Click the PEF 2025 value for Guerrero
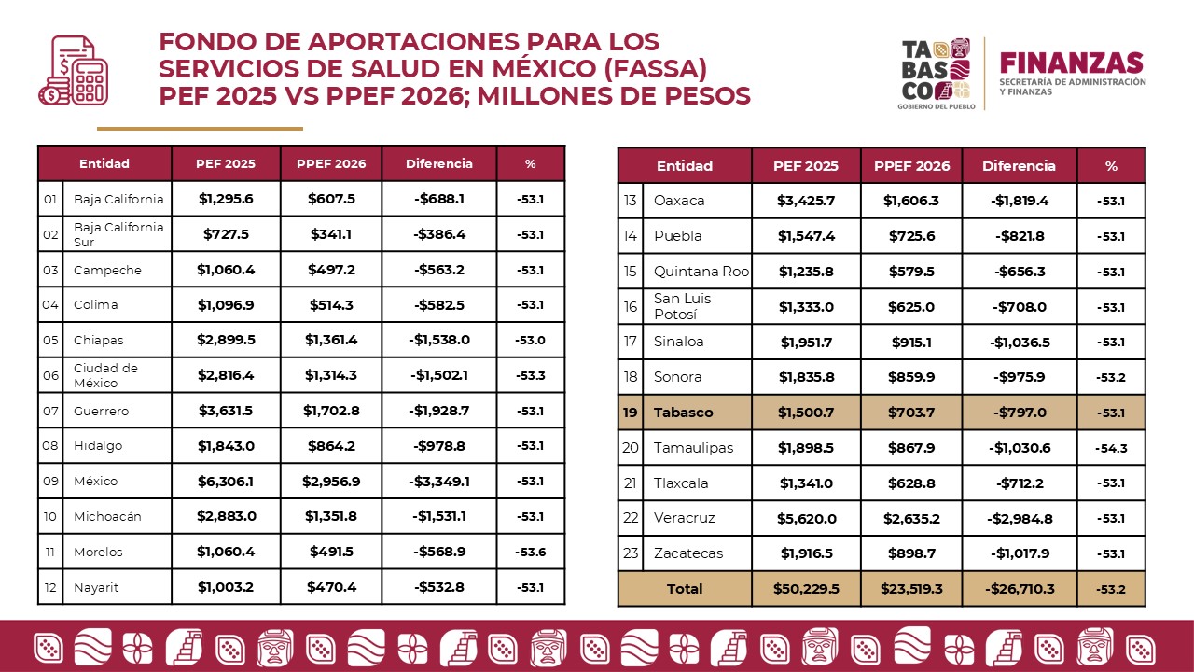point(225,411)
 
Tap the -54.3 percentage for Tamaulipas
point(1111,448)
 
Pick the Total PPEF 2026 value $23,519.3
point(911,589)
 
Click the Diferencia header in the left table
point(438,163)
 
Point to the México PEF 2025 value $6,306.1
point(225,481)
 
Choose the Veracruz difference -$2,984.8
point(1019,518)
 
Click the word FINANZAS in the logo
point(1071,63)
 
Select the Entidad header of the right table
point(684,166)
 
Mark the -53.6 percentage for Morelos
point(530,552)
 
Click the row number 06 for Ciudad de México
point(50,375)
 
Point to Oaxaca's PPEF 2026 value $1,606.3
point(911,201)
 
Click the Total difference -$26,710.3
point(1019,589)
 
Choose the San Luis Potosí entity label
point(683,306)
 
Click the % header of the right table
point(1111,166)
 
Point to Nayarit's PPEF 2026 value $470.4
point(331,587)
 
